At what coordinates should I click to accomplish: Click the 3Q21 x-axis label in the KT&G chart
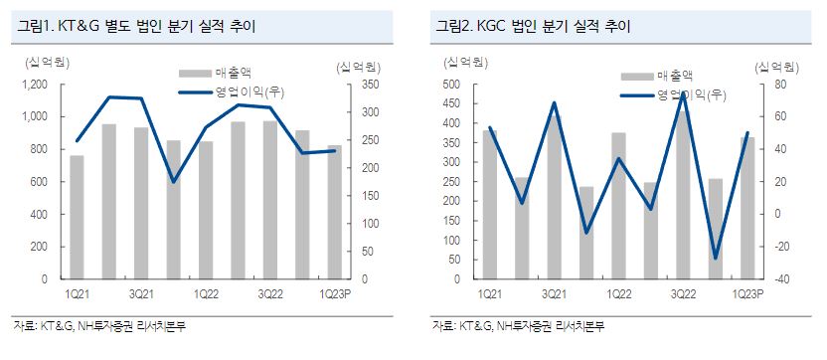(x=140, y=294)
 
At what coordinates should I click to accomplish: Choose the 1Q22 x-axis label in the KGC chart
(x=617, y=294)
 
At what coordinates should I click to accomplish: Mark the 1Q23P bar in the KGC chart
(x=746, y=208)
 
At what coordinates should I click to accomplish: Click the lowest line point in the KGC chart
(x=715, y=259)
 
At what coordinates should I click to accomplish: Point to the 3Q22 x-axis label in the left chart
(x=269, y=294)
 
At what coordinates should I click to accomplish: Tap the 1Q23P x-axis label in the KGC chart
(x=746, y=294)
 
